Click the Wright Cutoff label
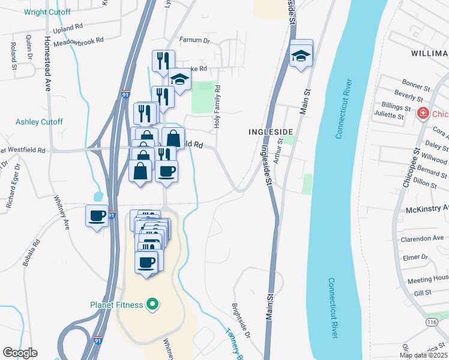[47, 12]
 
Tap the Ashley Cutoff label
[40, 122]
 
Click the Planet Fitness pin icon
[152, 304]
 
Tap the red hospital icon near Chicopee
[423, 113]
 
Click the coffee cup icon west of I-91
[96, 216]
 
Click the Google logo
[20, 353]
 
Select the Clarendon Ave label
[422, 238]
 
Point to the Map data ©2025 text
[423, 355]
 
